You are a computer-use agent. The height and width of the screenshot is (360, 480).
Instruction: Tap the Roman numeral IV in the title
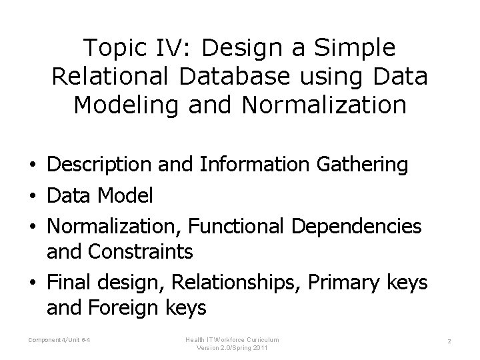(163, 48)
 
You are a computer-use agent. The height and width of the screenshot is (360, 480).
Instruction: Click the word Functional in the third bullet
(237, 226)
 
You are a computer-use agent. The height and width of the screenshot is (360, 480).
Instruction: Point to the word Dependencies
(356, 227)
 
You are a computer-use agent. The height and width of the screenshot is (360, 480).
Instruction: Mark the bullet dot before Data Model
(33, 197)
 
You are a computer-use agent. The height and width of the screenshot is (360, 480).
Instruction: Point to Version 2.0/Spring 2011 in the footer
(233, 347)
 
